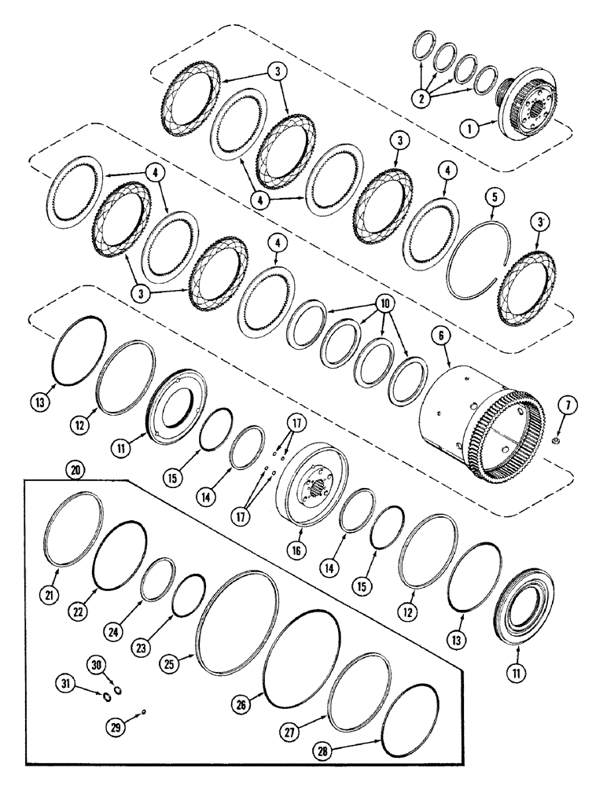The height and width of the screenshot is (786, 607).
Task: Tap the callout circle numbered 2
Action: [x=425, y=100]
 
